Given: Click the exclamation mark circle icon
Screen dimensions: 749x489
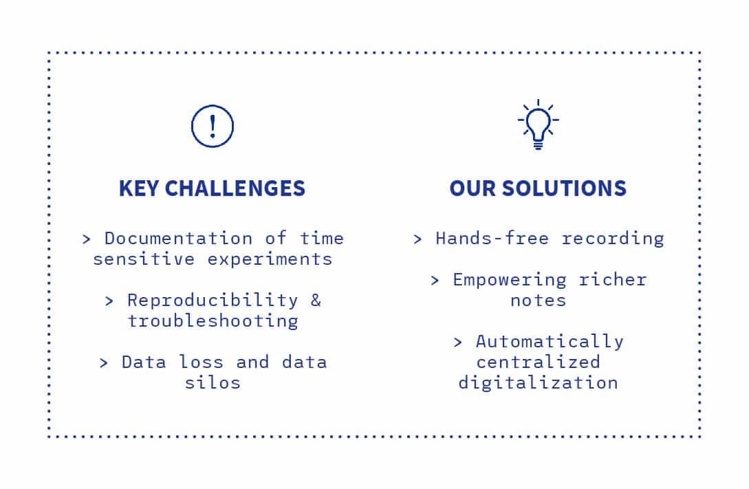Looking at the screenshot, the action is point(213,105).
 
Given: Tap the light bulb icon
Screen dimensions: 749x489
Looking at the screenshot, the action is point(539,124).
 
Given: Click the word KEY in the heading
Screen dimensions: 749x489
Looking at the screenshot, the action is point(138,188).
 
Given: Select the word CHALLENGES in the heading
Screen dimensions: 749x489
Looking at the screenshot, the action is point(235,188).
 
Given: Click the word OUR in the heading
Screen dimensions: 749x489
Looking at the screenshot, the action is point(473,188).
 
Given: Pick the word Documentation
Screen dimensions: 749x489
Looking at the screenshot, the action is point(179,238).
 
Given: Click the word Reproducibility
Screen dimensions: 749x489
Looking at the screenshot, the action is point(213,301).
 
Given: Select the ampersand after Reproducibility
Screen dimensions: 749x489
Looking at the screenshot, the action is point(316,301).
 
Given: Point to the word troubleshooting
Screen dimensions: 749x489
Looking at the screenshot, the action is point(213,321).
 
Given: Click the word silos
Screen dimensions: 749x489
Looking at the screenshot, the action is point(213,382).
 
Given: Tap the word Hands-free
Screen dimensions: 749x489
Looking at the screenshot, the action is point(492,238).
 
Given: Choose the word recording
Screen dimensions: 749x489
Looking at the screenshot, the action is point(613,239).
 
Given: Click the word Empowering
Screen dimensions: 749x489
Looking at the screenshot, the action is point(510,280).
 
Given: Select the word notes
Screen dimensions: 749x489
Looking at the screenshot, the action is point(539,301).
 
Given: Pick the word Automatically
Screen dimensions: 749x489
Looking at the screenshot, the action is point(550,342).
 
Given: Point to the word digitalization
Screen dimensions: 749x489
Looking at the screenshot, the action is point(539,383).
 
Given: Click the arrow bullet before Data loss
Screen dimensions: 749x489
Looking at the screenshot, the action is point(104,363).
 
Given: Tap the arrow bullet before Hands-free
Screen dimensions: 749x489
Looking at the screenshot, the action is point(417,239).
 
